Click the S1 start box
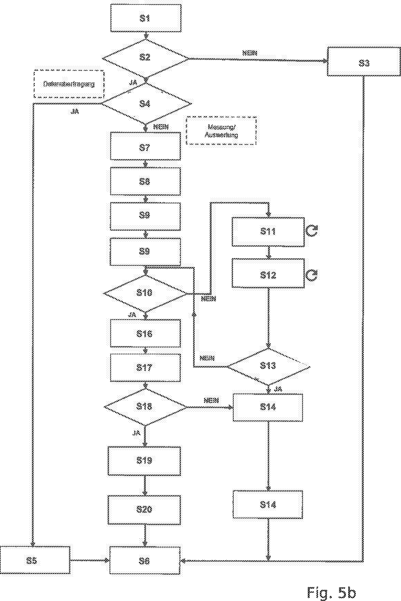146,18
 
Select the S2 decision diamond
145,58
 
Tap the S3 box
364,62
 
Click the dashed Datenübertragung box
69,84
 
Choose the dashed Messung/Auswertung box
221,131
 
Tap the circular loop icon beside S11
312,231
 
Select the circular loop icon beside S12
312,275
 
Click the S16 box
145,333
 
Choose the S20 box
144,509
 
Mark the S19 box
144,461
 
